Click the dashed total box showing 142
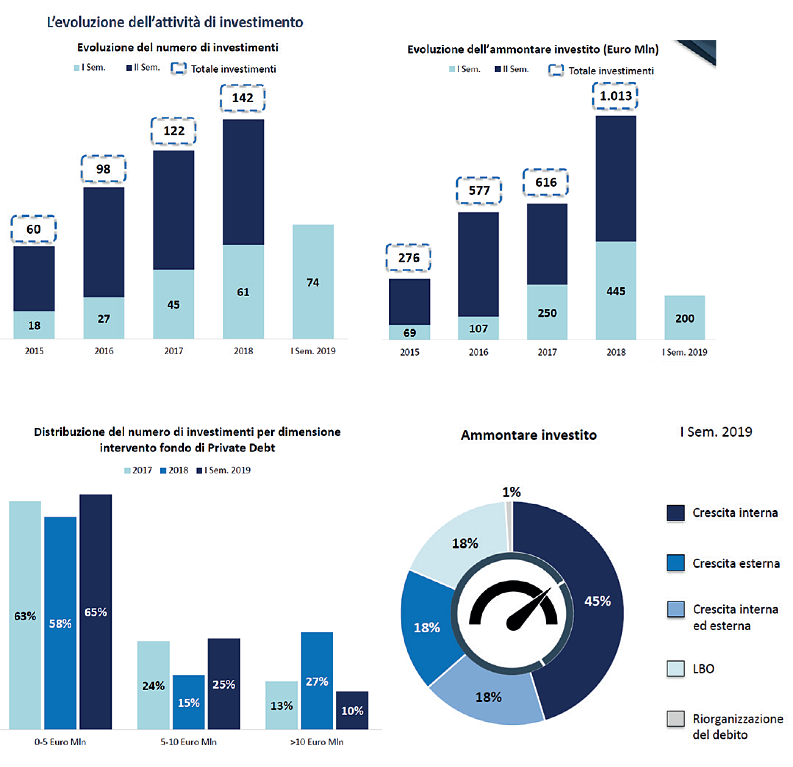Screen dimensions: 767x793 242,98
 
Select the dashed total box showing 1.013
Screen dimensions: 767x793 615,96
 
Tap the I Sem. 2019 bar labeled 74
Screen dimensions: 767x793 313,282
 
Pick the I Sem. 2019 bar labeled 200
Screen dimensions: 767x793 685,318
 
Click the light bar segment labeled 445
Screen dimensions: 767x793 616,291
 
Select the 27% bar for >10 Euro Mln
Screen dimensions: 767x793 317,681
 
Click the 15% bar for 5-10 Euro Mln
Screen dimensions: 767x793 189,702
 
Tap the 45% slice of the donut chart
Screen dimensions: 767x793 597,601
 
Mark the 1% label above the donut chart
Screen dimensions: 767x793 511,492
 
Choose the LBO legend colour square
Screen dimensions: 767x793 676,669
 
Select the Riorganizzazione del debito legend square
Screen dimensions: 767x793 676,719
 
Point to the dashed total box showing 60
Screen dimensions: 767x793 33,229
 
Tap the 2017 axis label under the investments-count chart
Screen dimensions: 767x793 174,351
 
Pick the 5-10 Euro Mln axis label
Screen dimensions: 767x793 189,742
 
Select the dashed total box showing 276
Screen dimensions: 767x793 408,258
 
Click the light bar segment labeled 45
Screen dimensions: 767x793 174,304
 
